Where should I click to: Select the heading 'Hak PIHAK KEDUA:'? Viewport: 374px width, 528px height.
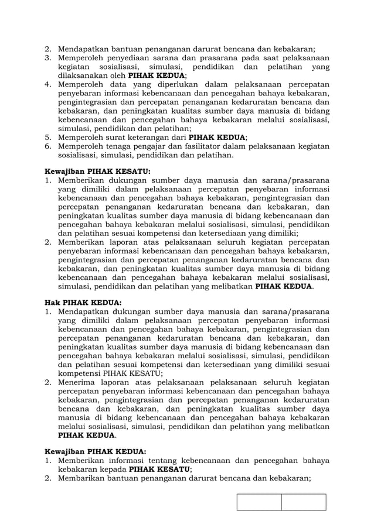(84, 303)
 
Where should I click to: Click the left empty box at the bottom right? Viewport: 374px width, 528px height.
(259, 502)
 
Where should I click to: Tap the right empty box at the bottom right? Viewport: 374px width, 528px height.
(303, 502)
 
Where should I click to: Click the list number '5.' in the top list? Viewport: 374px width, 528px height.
(49, 137)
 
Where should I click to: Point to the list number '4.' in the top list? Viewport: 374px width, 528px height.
(49, 84)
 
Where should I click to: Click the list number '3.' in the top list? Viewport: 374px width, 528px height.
(49, 58)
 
